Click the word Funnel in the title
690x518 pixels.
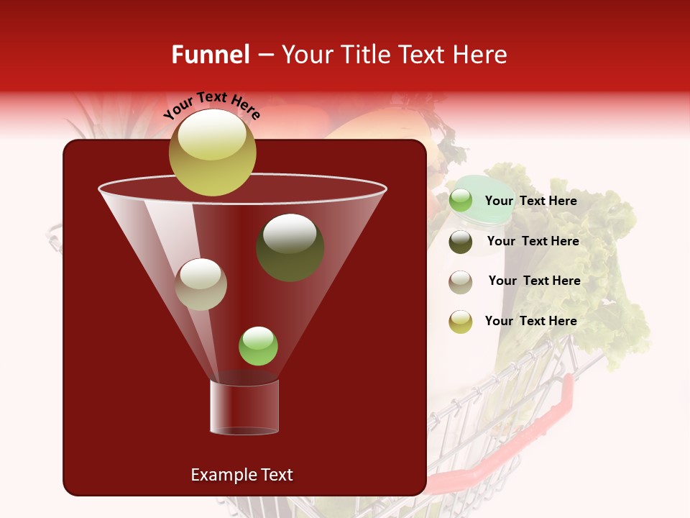(x=210, y=55)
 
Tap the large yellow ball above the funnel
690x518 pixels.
(x=213, y=152)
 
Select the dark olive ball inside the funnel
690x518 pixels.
(x=290, y=247)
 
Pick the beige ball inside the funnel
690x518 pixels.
(x=201, y=284)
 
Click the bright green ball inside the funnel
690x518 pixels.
(x=258, y=346)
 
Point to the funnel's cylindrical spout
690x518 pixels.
(x=244, y=406)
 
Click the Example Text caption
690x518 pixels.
(x=241, y=475)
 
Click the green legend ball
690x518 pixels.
(x=461, y=201)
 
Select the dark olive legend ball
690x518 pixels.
(x=461, y=242)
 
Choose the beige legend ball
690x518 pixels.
(x=461, y=281)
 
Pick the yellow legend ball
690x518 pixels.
(x=461, y=322)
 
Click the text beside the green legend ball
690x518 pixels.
(x=530, y=201)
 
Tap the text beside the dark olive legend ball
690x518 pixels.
(x=533, y=241)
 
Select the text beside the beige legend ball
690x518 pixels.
(x=534, y=281)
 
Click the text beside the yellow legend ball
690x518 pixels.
(x=530, y=321)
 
